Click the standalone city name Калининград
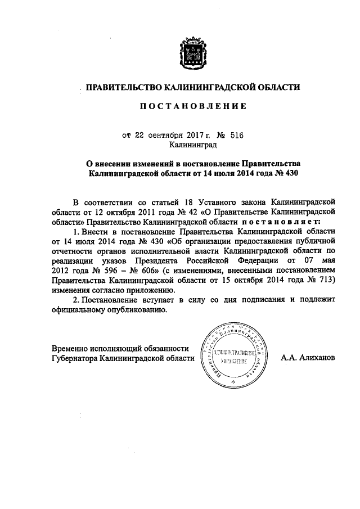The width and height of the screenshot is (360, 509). [184, 145]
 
